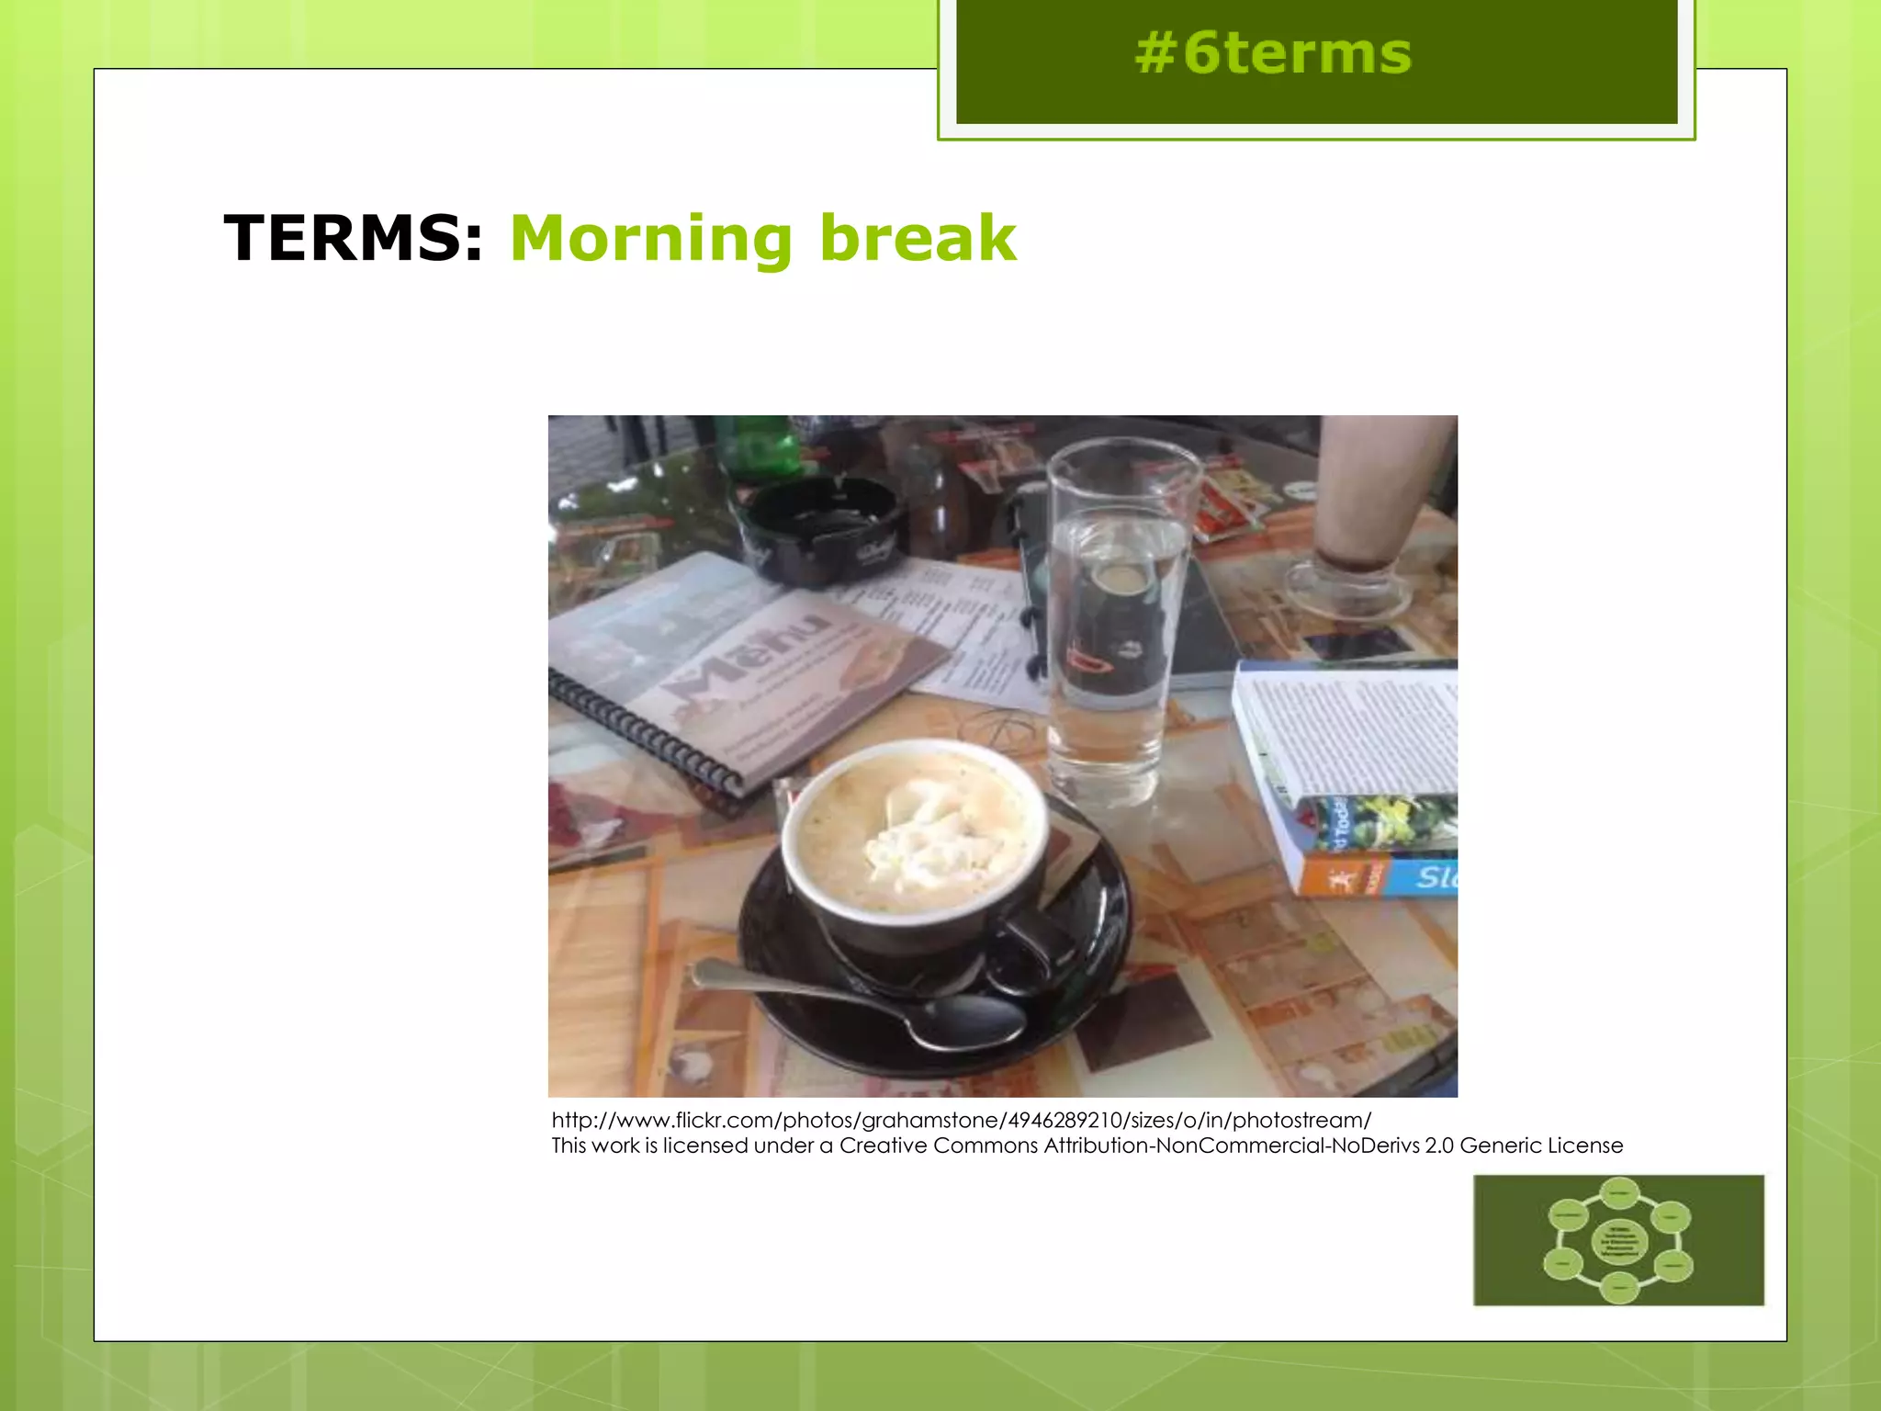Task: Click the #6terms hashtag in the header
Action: tap(1272, 53)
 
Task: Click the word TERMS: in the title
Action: tap(354, 239)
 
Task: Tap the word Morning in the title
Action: tap(651, 239)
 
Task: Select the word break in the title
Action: tap(918, 239)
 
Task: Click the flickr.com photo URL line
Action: tap(961, 1120)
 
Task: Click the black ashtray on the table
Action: tap(817, 528)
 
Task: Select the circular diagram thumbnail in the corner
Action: tap(1618, 1239)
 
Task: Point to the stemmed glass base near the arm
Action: tap(1346, 583)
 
